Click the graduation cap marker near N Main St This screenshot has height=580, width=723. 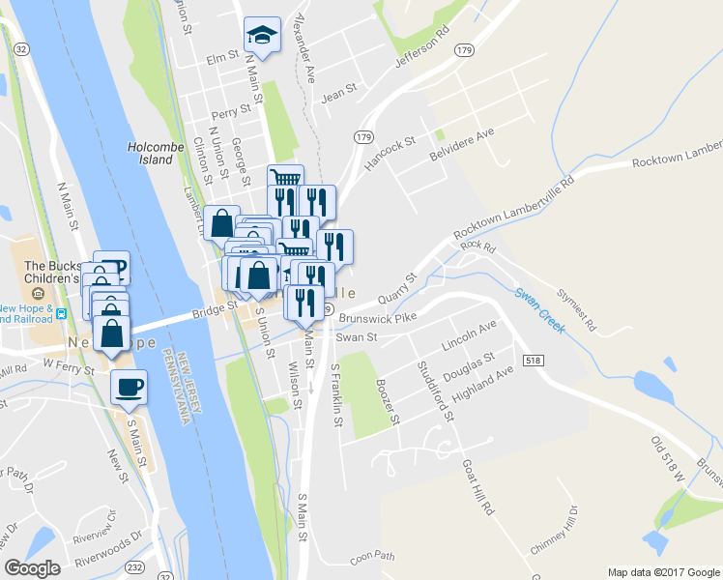click(261, 37)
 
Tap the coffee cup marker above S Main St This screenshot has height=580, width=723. click(129, 388)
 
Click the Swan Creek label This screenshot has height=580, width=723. click(539, 310)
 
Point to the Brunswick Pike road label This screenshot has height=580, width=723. click(376, 316)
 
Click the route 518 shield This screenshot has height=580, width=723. click(532, 360)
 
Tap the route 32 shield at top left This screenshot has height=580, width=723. click(19, 46)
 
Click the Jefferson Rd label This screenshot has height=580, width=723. click(423, 53)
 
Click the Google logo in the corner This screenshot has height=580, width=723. click(33, 567)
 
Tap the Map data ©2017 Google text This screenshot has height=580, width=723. click(663, 572)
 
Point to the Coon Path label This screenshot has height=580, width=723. click(373, 556)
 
